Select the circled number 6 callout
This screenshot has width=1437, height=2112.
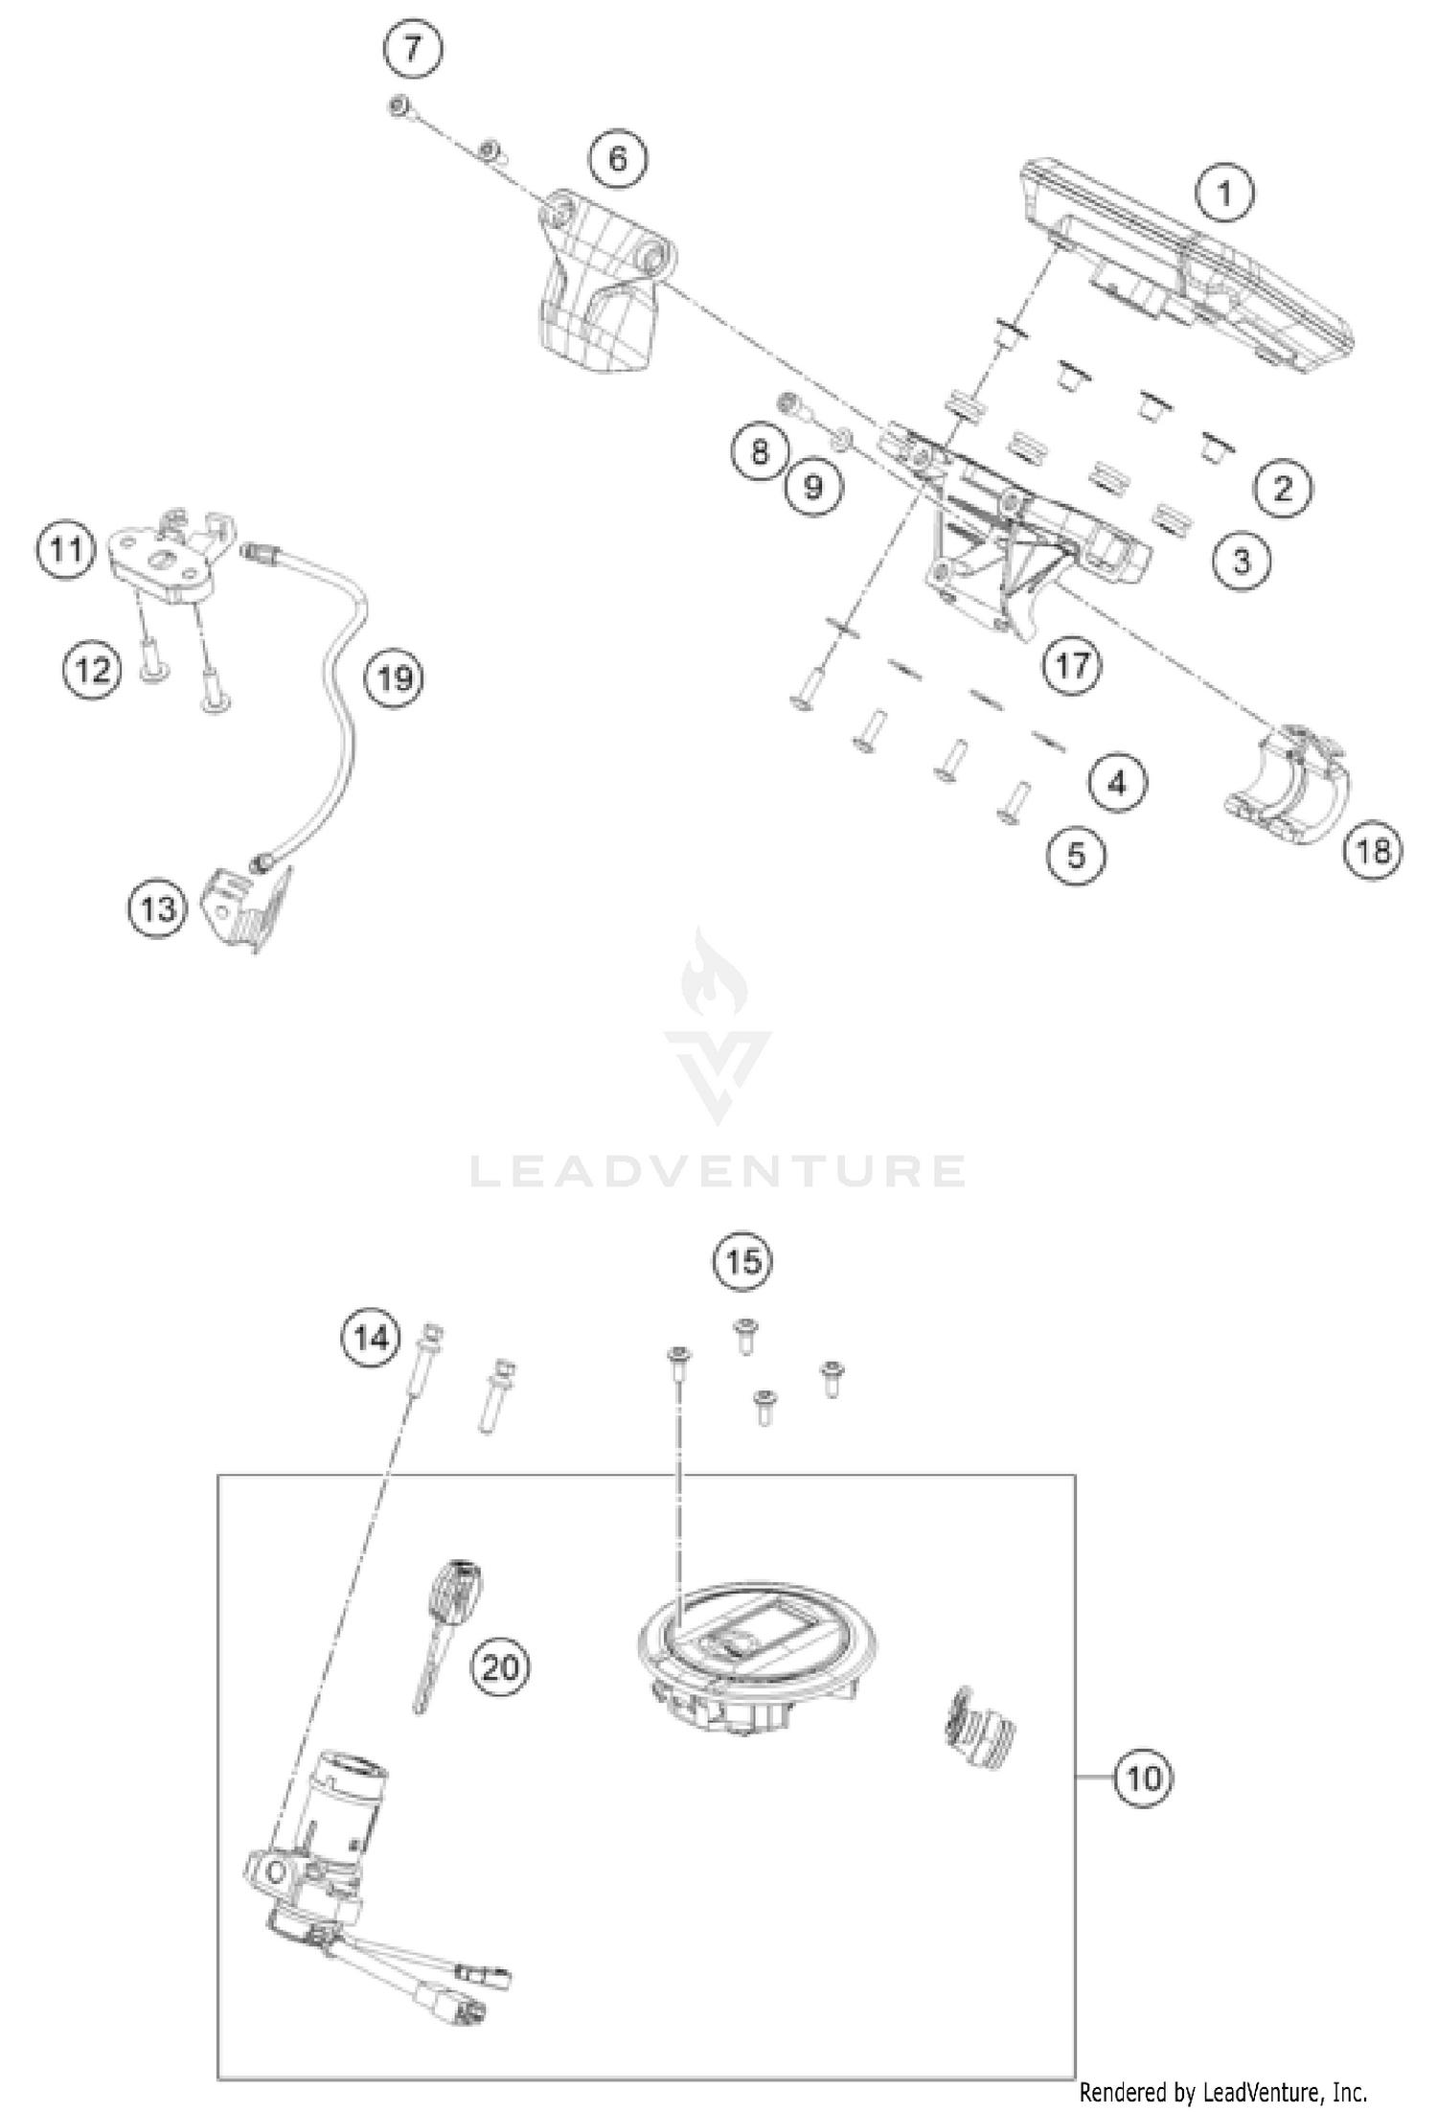point(618,158)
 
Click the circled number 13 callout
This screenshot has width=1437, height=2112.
point(158,907)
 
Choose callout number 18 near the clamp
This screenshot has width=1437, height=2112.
point(1372,848)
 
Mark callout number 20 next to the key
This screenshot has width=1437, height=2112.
point(500,1667)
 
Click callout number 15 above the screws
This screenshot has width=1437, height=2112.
point(743,1261)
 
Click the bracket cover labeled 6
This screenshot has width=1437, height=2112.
point(599,287)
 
